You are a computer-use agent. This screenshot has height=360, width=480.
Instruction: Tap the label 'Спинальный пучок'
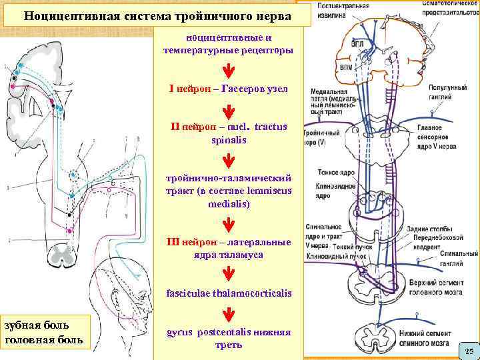pyautogui.click(x=453, y=255)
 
